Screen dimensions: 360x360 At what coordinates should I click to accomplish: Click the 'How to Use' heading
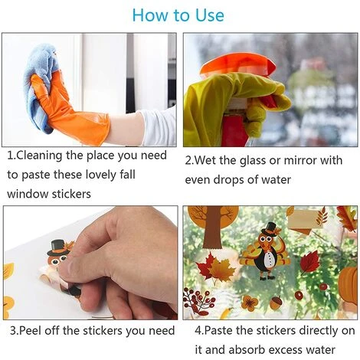[178, 15]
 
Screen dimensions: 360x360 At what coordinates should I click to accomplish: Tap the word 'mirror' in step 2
[300, 161]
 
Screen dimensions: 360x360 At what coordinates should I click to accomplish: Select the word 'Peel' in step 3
[30, 331]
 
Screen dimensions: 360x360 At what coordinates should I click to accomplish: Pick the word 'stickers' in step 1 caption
[71, 194]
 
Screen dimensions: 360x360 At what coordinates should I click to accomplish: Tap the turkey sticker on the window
[266, 251]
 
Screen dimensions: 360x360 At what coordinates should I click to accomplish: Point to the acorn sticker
[276, 303]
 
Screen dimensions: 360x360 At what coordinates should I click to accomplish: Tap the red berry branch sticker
[196, 301]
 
